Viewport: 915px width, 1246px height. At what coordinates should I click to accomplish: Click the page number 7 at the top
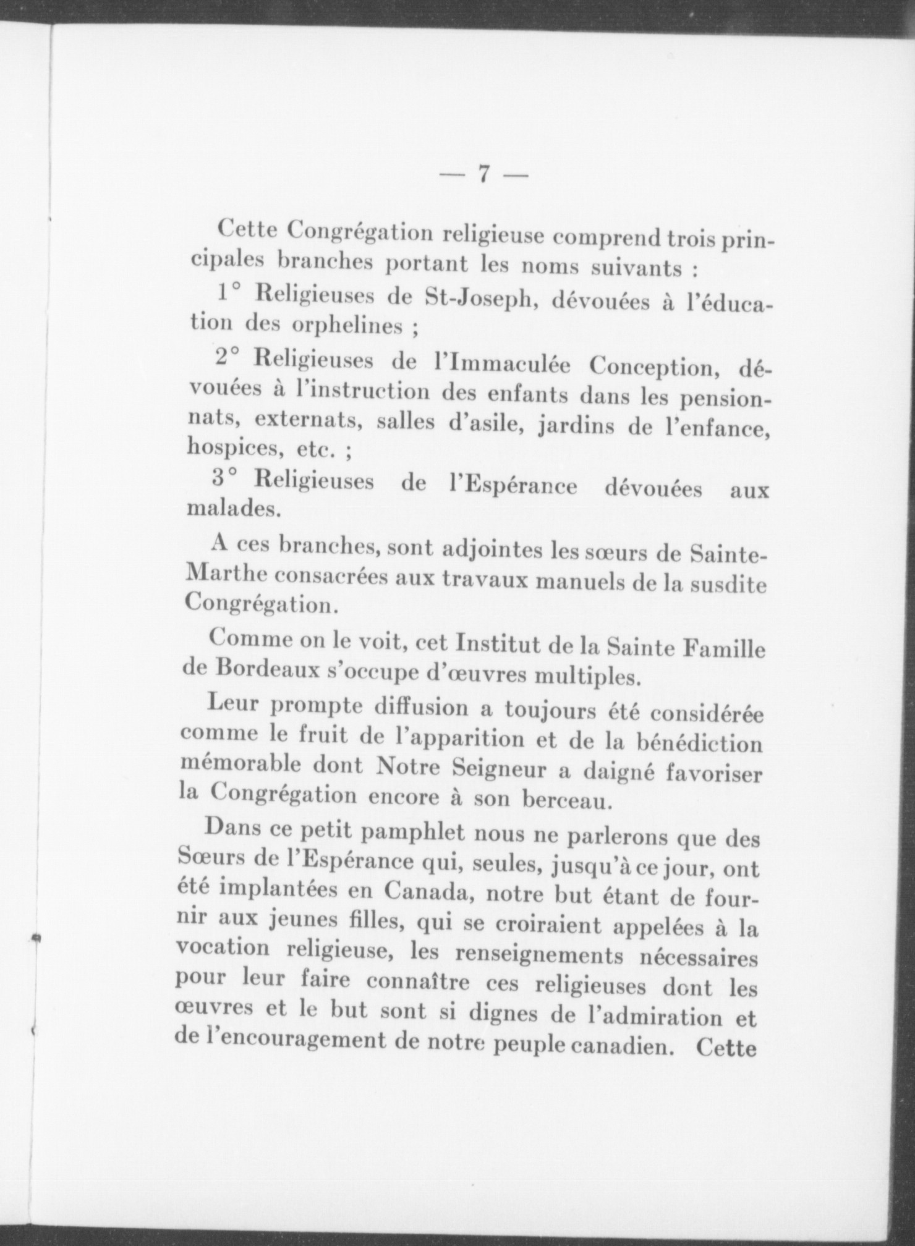[483, 176]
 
